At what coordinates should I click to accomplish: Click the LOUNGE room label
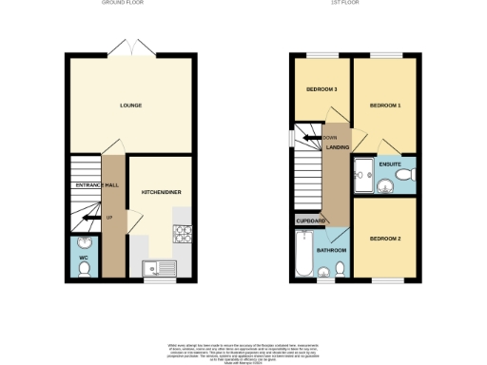pos(131,105)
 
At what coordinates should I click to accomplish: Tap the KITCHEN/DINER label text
pos(162,192)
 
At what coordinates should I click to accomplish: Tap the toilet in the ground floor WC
pos(84,270)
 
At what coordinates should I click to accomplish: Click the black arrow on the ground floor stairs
pos(88,218)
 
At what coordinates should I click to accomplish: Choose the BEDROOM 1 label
pos(383,105)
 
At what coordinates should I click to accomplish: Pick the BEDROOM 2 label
pos(383,238)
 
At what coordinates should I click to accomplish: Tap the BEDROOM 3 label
pos(321,90)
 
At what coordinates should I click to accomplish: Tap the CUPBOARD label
pos(311,221)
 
